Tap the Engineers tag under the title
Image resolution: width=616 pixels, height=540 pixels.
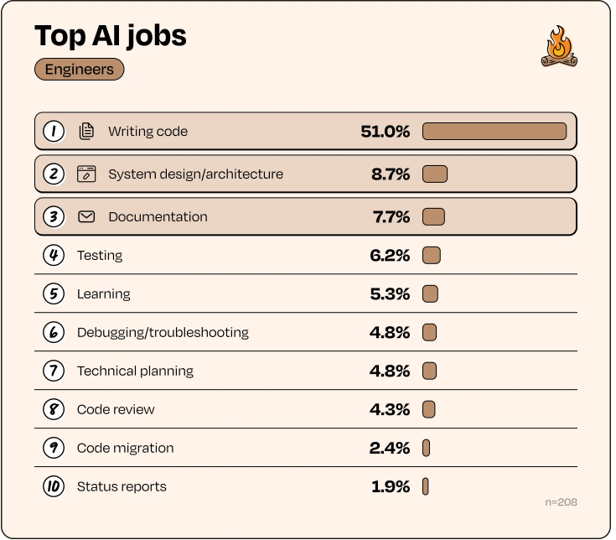pos(80,70)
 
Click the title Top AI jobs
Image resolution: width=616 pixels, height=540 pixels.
pos(110,35)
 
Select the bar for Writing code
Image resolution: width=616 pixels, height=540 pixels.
pos(494,131)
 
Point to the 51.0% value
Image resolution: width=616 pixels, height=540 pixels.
pos(386,131)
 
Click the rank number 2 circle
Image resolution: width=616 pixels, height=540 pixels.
pos(54,174)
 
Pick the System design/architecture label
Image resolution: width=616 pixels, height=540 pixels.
pos(195,174)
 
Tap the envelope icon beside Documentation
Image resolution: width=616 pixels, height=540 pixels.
pos(86,216)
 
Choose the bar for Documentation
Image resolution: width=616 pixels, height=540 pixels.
pos(433,216)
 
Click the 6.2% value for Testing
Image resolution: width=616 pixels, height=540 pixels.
pos(390,255)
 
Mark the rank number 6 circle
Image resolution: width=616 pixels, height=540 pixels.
pos(54,332)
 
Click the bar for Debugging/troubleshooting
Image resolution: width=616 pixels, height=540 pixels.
pos(430,332)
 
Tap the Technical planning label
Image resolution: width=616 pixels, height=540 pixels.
pos(135,371)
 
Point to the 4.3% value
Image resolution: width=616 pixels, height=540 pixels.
pos(390,409)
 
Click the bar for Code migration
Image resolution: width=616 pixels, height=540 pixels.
pos(426,448)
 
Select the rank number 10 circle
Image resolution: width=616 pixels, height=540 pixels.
pos(54,486)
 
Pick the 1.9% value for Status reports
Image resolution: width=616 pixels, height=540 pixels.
pos(391,486)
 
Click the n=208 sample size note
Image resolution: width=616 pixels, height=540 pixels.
pos(561,502)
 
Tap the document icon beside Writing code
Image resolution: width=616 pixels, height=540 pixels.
pos(86,131)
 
